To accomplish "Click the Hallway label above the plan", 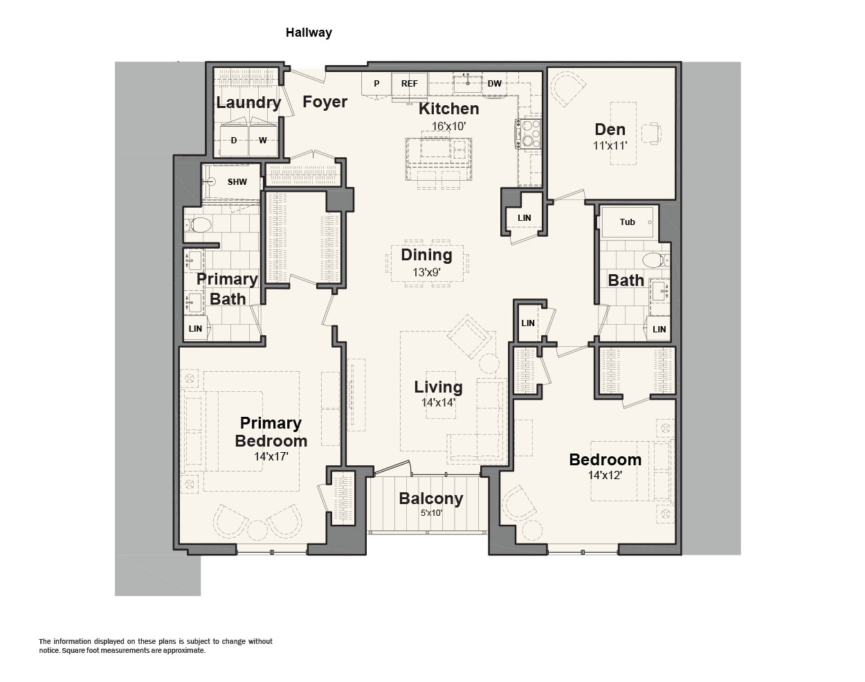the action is (309, 33).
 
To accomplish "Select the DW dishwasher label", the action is (494, 84).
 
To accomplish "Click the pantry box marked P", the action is (376, 84).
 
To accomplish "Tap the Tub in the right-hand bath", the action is (628, 222).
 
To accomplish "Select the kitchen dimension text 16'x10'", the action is (448, 126).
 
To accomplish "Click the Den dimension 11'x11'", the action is (610, 145).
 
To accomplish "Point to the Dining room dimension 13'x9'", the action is (426, 272).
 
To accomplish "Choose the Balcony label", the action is (431, 499).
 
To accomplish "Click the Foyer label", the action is (325, 102).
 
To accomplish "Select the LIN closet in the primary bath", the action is (196, 328).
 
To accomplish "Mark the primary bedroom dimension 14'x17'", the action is (271, 456).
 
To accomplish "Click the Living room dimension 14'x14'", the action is (438, 402).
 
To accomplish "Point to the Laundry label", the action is (248, 102).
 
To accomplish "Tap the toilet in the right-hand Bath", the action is (656, 260).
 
